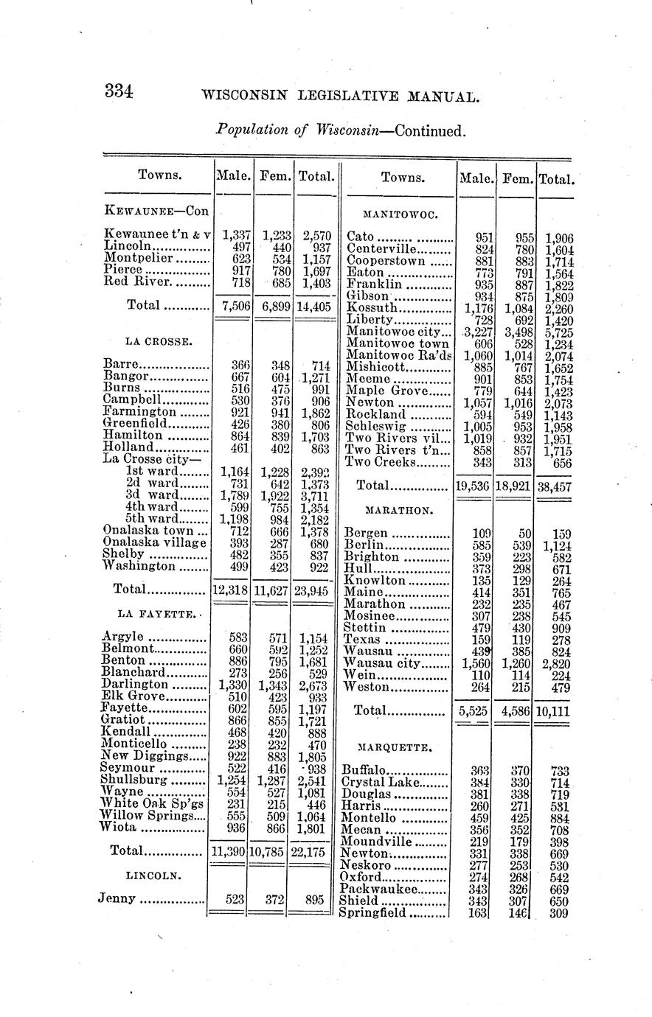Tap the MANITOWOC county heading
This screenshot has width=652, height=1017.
pyautogui.click(x=401, y=214)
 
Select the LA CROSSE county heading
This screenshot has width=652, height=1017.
pyautogui.click(x=159, y=341)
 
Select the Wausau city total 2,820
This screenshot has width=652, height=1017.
pyautogui.click(x=558, y=663)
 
